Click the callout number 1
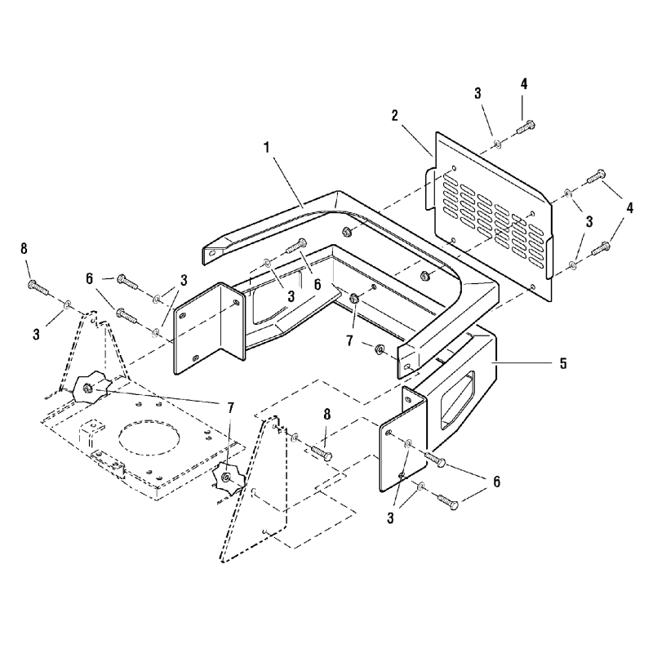[267, 148]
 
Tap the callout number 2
[395, 115]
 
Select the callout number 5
[563, 363]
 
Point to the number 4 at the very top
[524, 84]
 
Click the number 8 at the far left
[24, 249]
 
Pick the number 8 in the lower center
[327, 414]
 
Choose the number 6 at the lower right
[496, 482]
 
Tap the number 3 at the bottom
[390, 518]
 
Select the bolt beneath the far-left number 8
[38, 287]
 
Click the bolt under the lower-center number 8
[322, 453]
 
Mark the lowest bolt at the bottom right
[447, 501]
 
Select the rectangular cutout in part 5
[457, 399]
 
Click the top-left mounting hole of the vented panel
[454, 169]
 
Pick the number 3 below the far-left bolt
[36, 334]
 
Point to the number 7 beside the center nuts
[349, 341]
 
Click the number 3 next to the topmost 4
[478, 93]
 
